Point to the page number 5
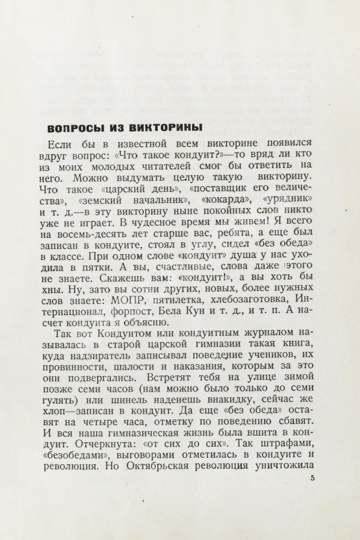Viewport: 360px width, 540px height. (313, 478)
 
